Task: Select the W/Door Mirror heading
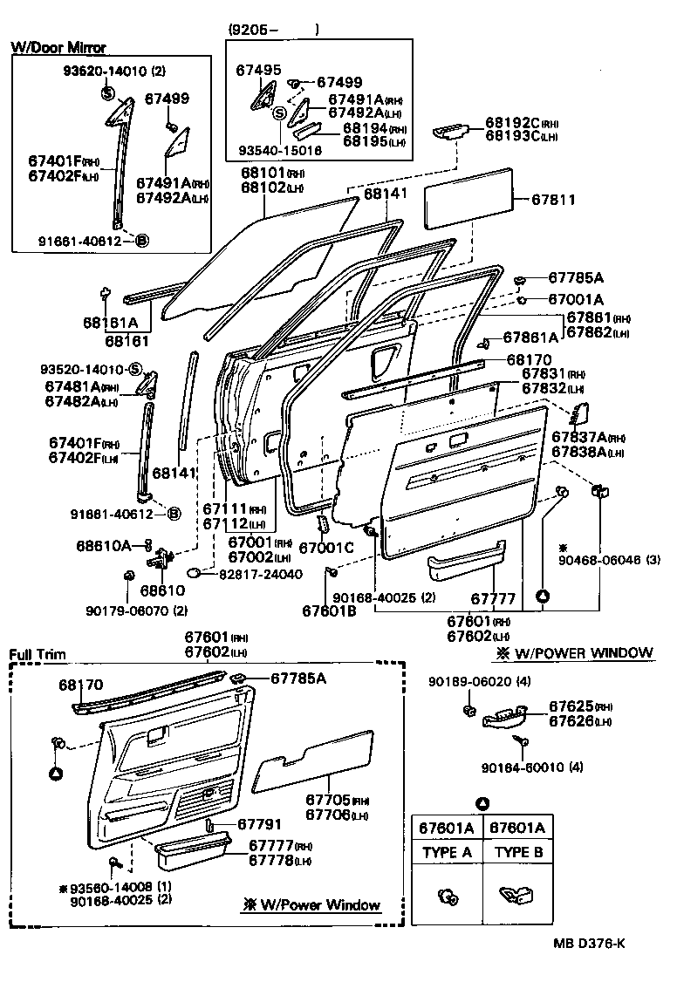coord(58,48)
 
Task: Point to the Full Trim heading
coord(36,654)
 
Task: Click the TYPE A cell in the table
coord(446,853)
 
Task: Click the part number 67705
coord(325,800)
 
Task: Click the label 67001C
coord(325,548)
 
